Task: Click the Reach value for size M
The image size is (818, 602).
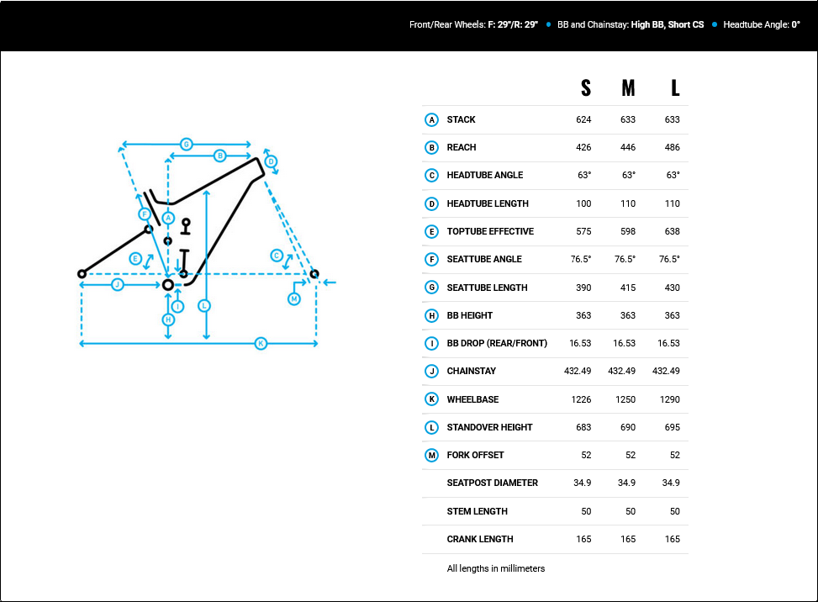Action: click(628, 147)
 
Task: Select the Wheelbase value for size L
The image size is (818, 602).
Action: click(669, 399)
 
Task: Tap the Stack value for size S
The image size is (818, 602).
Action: click(583, 119)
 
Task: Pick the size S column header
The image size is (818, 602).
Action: click(586, 88)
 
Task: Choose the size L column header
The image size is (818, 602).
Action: click(675, 88)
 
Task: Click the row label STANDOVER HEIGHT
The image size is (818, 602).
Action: click(489, 427)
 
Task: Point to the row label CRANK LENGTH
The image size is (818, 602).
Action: click(480, 539)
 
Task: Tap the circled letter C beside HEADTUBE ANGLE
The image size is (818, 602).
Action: click(431, 175)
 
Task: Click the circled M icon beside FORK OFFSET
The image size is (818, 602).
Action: click(431, 456)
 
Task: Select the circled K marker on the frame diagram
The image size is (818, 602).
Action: click(261, 343)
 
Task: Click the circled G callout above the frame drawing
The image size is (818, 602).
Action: click(187, 144)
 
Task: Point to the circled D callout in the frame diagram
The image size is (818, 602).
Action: click(271, 161)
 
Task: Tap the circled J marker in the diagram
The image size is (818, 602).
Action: click(118, 284)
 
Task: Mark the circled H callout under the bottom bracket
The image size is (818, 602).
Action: click(168, 319)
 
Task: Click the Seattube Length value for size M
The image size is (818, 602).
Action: click(628, 288)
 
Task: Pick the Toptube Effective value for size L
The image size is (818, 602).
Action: click(672, 231)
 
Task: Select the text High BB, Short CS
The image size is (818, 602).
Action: click(668, 24)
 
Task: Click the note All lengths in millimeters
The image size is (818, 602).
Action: click(496, 568)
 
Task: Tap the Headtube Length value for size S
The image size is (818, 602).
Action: click(583, 203)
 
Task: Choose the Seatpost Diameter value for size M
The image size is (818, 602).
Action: click(626, 483)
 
